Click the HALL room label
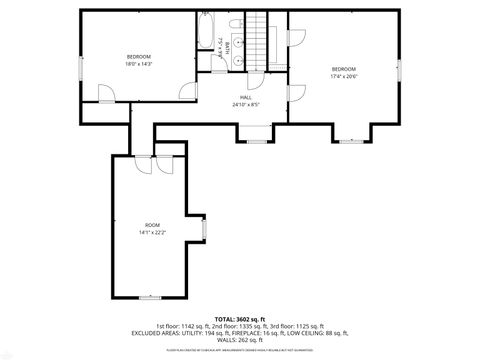point(245,97)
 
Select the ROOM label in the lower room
point(152,225)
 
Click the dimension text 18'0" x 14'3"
point(138,64)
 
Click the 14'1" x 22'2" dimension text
point(152,233)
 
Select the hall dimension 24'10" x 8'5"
point(245,104)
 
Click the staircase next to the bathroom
point(260,40)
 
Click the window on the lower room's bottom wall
point(151,297)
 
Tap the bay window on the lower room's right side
point(204,231)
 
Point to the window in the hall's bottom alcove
point(256,140)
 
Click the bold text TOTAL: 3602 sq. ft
point(240,318)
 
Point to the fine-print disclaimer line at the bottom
point(240,351)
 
